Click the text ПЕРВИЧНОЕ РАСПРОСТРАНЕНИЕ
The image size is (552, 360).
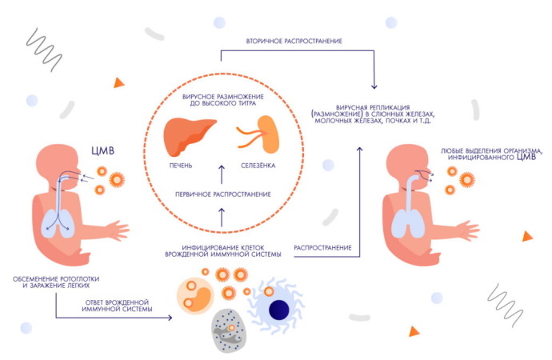point(222,194)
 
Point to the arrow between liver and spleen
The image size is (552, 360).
point(222,170)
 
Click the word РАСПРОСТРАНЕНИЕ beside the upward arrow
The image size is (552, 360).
point(323,248)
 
